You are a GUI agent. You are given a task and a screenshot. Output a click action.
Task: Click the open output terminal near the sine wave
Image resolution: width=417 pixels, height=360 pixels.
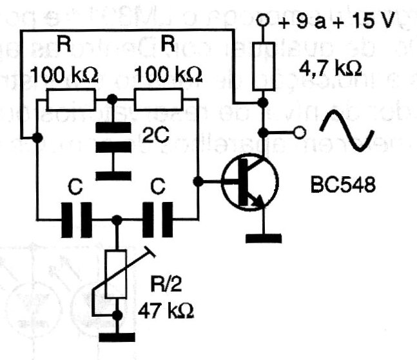click(298, 133)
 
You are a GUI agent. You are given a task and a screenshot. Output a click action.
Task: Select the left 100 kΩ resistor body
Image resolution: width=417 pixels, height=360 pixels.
click(71, 101)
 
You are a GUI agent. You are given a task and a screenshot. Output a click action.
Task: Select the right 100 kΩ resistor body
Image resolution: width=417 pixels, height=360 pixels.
click(159, 101)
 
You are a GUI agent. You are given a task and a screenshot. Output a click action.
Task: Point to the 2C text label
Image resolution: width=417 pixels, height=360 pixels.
click(154, 136)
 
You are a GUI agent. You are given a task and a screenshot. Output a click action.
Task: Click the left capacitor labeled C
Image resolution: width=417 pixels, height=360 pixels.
click(78, 219)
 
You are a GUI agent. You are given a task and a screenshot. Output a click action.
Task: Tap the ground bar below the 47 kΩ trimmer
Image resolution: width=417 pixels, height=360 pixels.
click(117, 335)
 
